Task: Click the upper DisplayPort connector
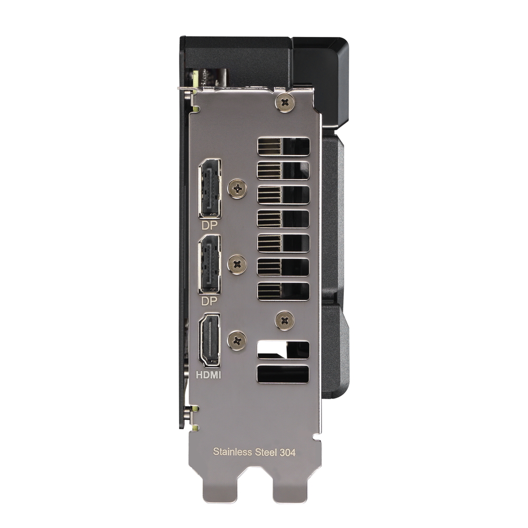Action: coord(210,188)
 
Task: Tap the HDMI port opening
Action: coord(209,340)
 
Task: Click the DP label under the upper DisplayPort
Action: coord(210,225)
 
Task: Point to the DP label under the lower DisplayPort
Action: coord(210,300)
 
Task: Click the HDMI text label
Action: coord(209,376)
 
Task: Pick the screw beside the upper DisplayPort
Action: coord(237,188)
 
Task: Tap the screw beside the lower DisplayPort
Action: coord(237,264)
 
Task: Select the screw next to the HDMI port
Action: coord(237,340)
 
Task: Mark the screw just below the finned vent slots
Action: coord(285,320)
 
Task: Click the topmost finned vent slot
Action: coord(283,146)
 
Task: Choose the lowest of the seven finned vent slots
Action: coord(283,291)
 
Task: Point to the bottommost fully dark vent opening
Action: coord(283,374)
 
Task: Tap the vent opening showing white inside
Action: coord(283,350)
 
